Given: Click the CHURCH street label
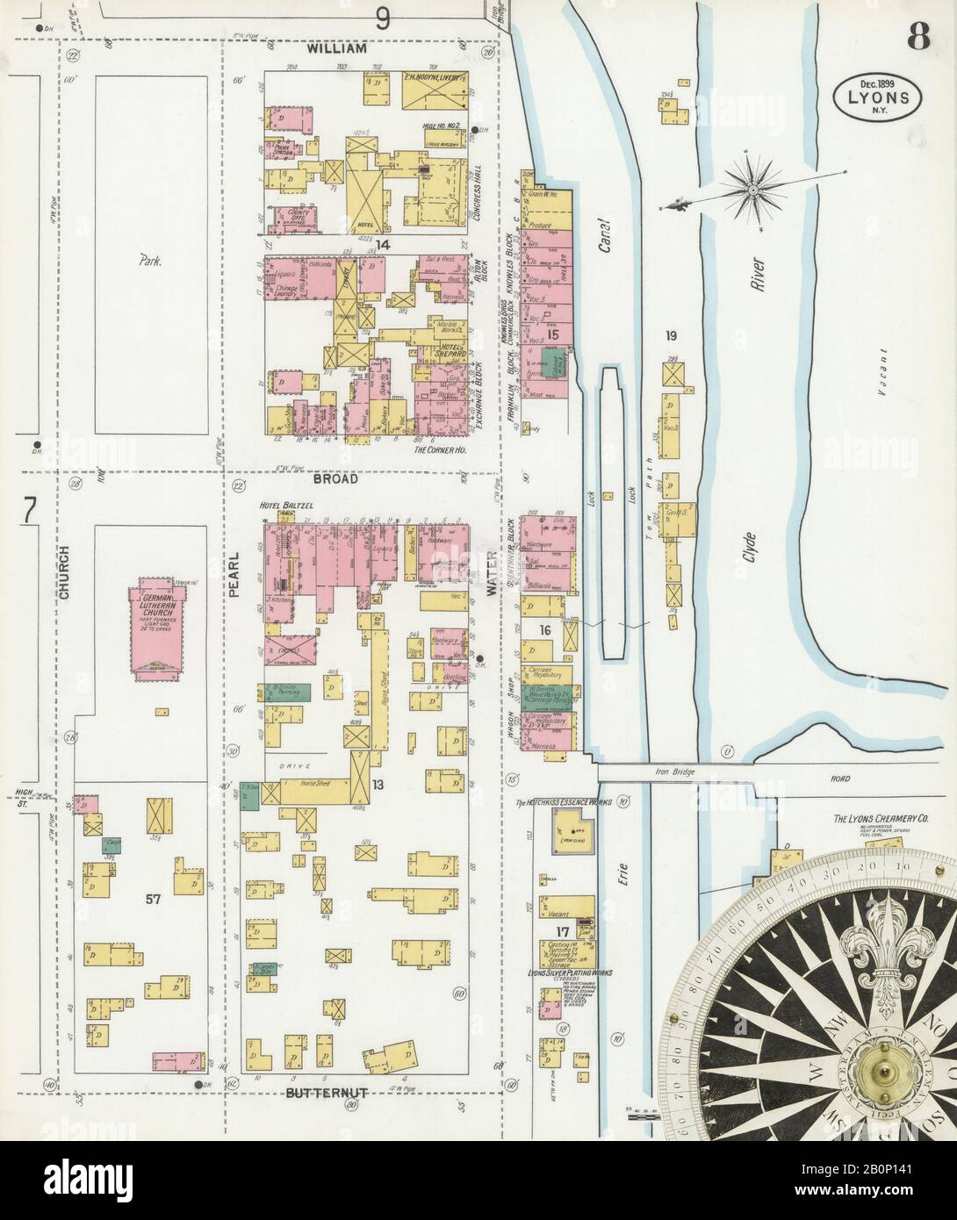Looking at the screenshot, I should [x=65, y=582].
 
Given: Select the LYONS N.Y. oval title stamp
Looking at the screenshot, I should [x=877, y=90].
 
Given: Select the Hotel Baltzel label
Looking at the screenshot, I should [x=280, y=507].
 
